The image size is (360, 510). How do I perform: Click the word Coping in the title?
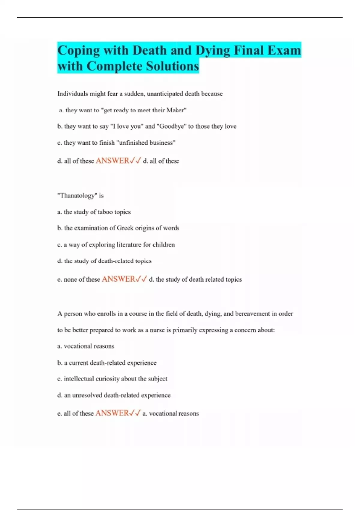coord(78,50)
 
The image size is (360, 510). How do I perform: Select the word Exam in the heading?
coord(283,50)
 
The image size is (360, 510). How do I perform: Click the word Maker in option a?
coord(175,110)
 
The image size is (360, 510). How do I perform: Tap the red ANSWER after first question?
coord(112,161)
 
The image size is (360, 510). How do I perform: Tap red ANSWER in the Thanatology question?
coord(118,279)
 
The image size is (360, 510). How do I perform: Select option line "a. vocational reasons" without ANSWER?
coord(86,346)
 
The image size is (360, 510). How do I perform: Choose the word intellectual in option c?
coord(79,379)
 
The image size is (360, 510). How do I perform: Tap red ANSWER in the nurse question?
coord(112,413)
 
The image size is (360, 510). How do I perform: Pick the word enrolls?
coord(106,314)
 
